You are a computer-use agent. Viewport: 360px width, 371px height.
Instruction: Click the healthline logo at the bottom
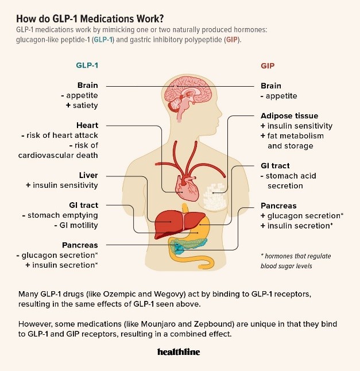[x=179, y=351]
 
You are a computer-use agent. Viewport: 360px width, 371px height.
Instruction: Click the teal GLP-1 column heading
[x=87, y=65]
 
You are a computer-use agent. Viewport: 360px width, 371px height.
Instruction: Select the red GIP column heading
[x=268, y=65]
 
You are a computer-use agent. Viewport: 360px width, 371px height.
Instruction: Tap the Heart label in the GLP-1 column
[x=87, y=125]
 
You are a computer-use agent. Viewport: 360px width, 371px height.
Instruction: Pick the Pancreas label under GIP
[x=278, y=206]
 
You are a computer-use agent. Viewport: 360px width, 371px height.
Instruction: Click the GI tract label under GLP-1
[x=83, y=205]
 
